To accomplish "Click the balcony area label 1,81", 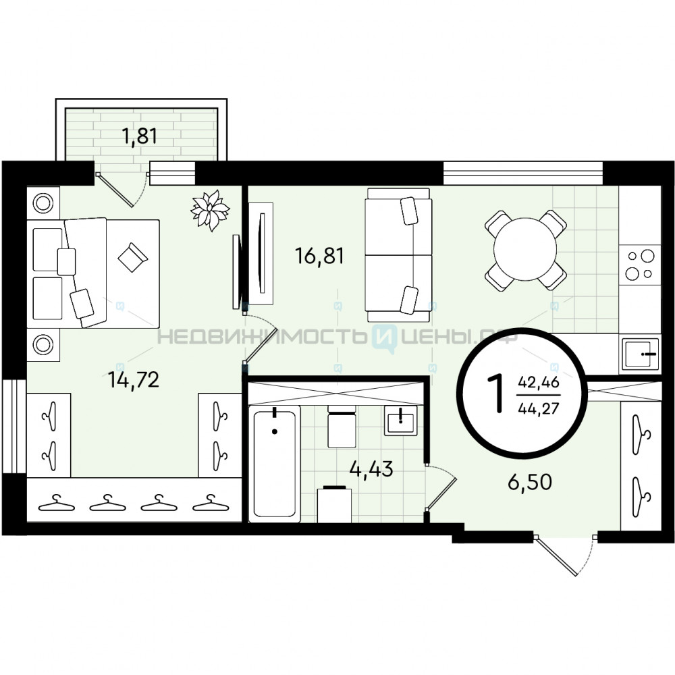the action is [140, 136].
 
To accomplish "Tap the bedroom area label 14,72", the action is [134, 379].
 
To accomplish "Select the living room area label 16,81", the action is [319, 256].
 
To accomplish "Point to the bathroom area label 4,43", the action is [371, 469].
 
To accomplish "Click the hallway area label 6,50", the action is [530, 482].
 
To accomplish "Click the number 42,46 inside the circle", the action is [539, 382].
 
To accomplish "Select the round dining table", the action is [526, 250].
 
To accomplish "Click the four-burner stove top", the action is [640, 265].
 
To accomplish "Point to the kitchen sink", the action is [640, 353].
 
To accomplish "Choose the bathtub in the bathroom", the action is [275, 465].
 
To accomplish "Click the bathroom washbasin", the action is [401, 421].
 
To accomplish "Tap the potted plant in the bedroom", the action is [210, 210].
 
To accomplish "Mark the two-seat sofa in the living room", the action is [398, 254].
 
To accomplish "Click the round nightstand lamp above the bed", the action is [43, 202].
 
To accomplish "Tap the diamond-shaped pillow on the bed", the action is [132, 257].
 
